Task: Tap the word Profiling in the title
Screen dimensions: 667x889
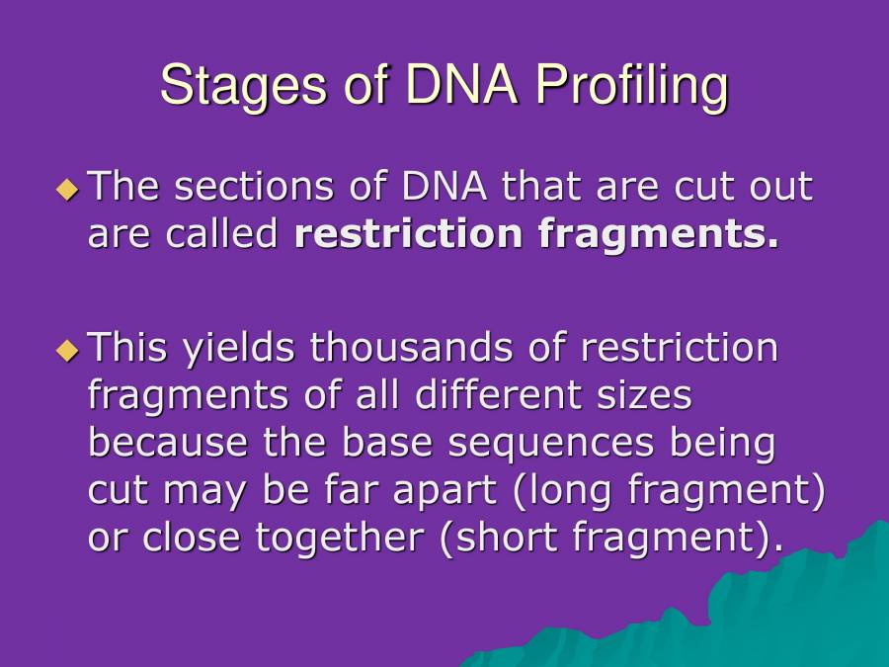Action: [631, 85]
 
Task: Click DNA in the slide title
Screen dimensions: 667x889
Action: [461, 85]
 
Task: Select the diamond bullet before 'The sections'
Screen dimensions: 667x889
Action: [67, 188]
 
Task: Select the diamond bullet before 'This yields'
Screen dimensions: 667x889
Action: [67, 349]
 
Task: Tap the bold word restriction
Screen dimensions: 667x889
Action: [408, 234]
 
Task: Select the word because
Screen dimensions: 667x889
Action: [170, 443]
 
